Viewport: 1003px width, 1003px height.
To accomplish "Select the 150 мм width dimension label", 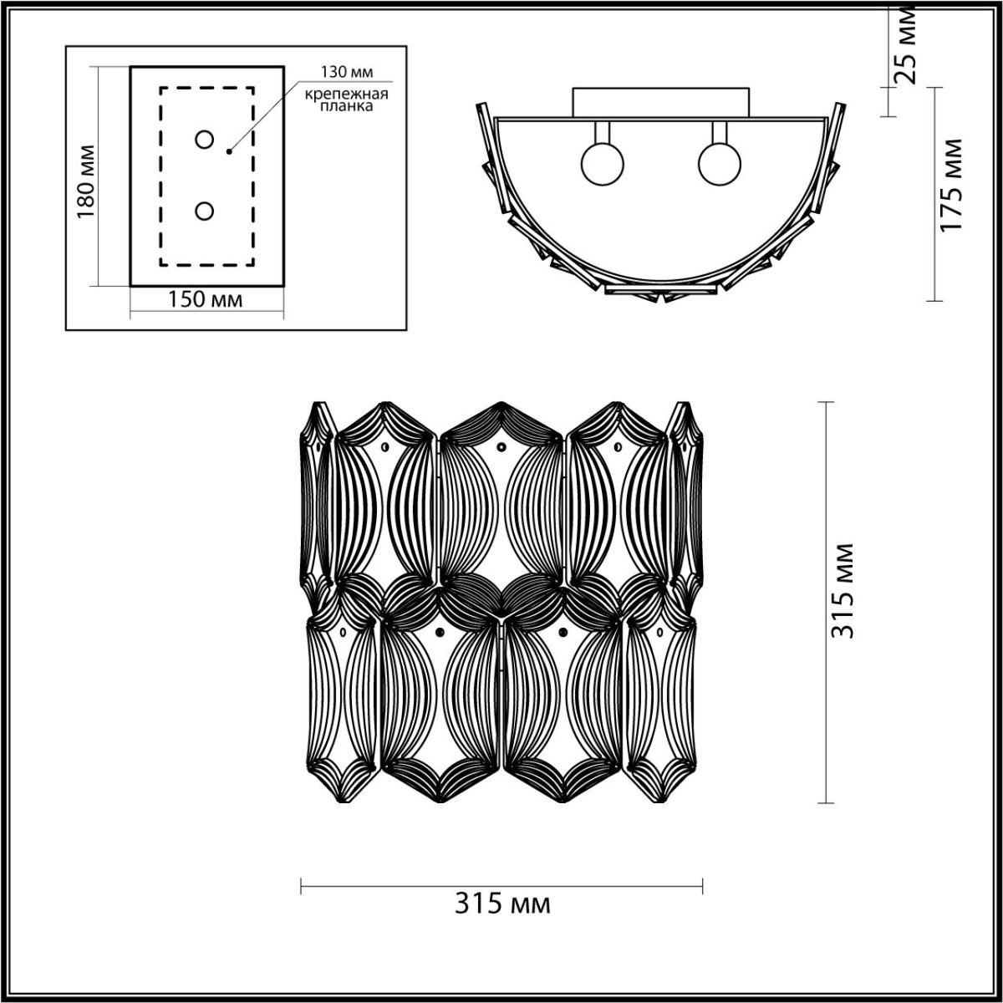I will (x=206, y=299).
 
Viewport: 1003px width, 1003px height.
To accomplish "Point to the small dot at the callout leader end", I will (x=228, y=152).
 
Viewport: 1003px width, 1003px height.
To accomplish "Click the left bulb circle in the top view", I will (x=601, y=164).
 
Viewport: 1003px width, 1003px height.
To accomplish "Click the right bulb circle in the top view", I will (x=718, y=164).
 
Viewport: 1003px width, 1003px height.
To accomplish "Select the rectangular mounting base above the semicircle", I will (x=659, y=102).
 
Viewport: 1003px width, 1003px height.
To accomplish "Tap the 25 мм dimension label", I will (x=905, y=46).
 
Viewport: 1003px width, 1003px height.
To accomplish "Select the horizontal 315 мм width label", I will (x=503, y=904).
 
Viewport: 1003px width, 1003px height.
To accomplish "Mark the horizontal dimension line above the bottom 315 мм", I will (x=501, y=885).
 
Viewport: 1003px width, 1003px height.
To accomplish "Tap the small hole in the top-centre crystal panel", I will (x=501, y=448).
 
